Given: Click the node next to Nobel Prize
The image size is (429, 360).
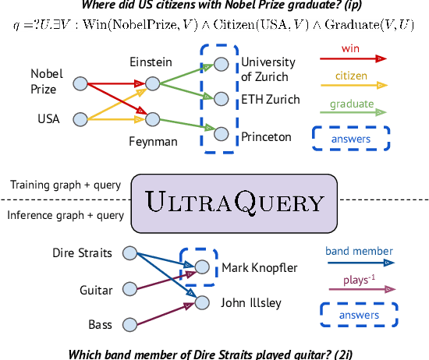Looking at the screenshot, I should pyautogui.click(x=80, y=82).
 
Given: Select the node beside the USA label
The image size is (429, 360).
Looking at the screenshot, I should pyautogui.click(x=80, y=119).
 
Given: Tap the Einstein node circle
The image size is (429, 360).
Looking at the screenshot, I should pyautogui.click(x=152, y=82).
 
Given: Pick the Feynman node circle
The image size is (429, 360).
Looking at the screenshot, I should pyautogui.click(x=152, y=119).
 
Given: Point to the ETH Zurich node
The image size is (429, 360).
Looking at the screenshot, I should pyautogui.click(x=222, y=99).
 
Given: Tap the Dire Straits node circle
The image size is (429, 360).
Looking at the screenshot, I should pyautogui.click(x=130, y=253).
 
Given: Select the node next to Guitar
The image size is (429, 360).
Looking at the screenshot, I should pyautogui.click(x=130, y=290).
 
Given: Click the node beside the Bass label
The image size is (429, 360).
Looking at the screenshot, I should pyautogui.click(x=130, y=323).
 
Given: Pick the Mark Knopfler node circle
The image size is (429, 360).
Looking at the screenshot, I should pyautogui.click(x=201, y=267).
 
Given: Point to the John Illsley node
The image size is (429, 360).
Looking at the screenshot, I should pyautogui.click(x=201, y=303).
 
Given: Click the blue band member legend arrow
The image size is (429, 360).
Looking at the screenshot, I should pyautogui.click(x=359, y=263).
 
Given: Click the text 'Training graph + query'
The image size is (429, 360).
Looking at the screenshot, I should pyautogui.click(x=65, y=185).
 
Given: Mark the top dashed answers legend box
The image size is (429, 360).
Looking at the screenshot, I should pyautogui.click(x=351, y=139).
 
